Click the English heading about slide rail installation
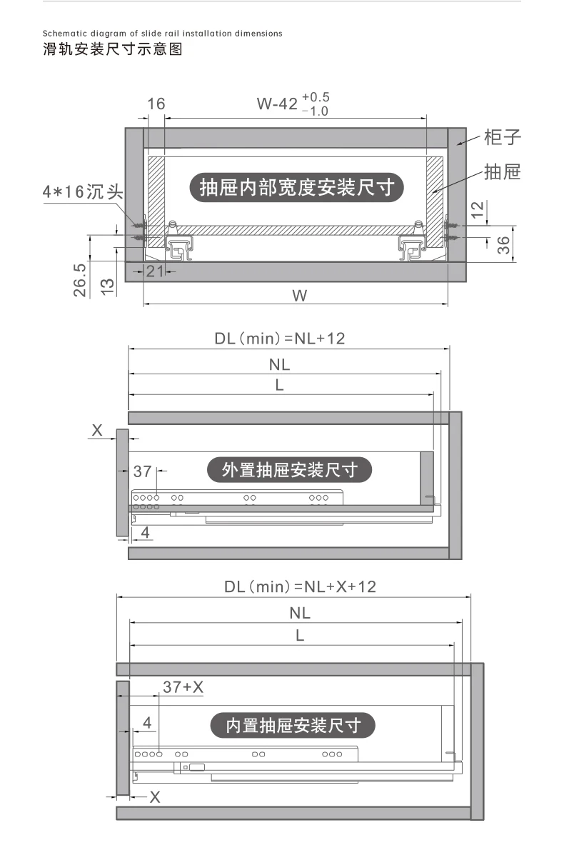tap(163, 34)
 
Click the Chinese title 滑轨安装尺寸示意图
tap(113, 49)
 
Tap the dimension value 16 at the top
tap(156, 104)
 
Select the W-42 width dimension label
tap(293, 104)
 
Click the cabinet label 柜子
tap(502, 137)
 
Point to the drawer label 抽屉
tap(502, 172)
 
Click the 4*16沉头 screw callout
tap(83, 191)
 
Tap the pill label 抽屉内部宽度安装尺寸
tap(296, 188)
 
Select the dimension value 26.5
tap(80, 280)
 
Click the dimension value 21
tap(155, 271)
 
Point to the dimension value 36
tap(503, 245)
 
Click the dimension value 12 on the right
tap(477, 210)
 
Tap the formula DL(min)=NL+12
tap(280, 339)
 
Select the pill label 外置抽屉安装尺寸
tap(289, 469)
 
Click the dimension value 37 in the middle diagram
tap(143, 471)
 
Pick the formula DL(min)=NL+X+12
tap(300, 586)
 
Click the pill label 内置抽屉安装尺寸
tap(293, 725)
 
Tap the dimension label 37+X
tap(183, 687)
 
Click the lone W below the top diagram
tap(300, 296)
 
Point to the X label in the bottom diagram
tap(155, 797)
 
